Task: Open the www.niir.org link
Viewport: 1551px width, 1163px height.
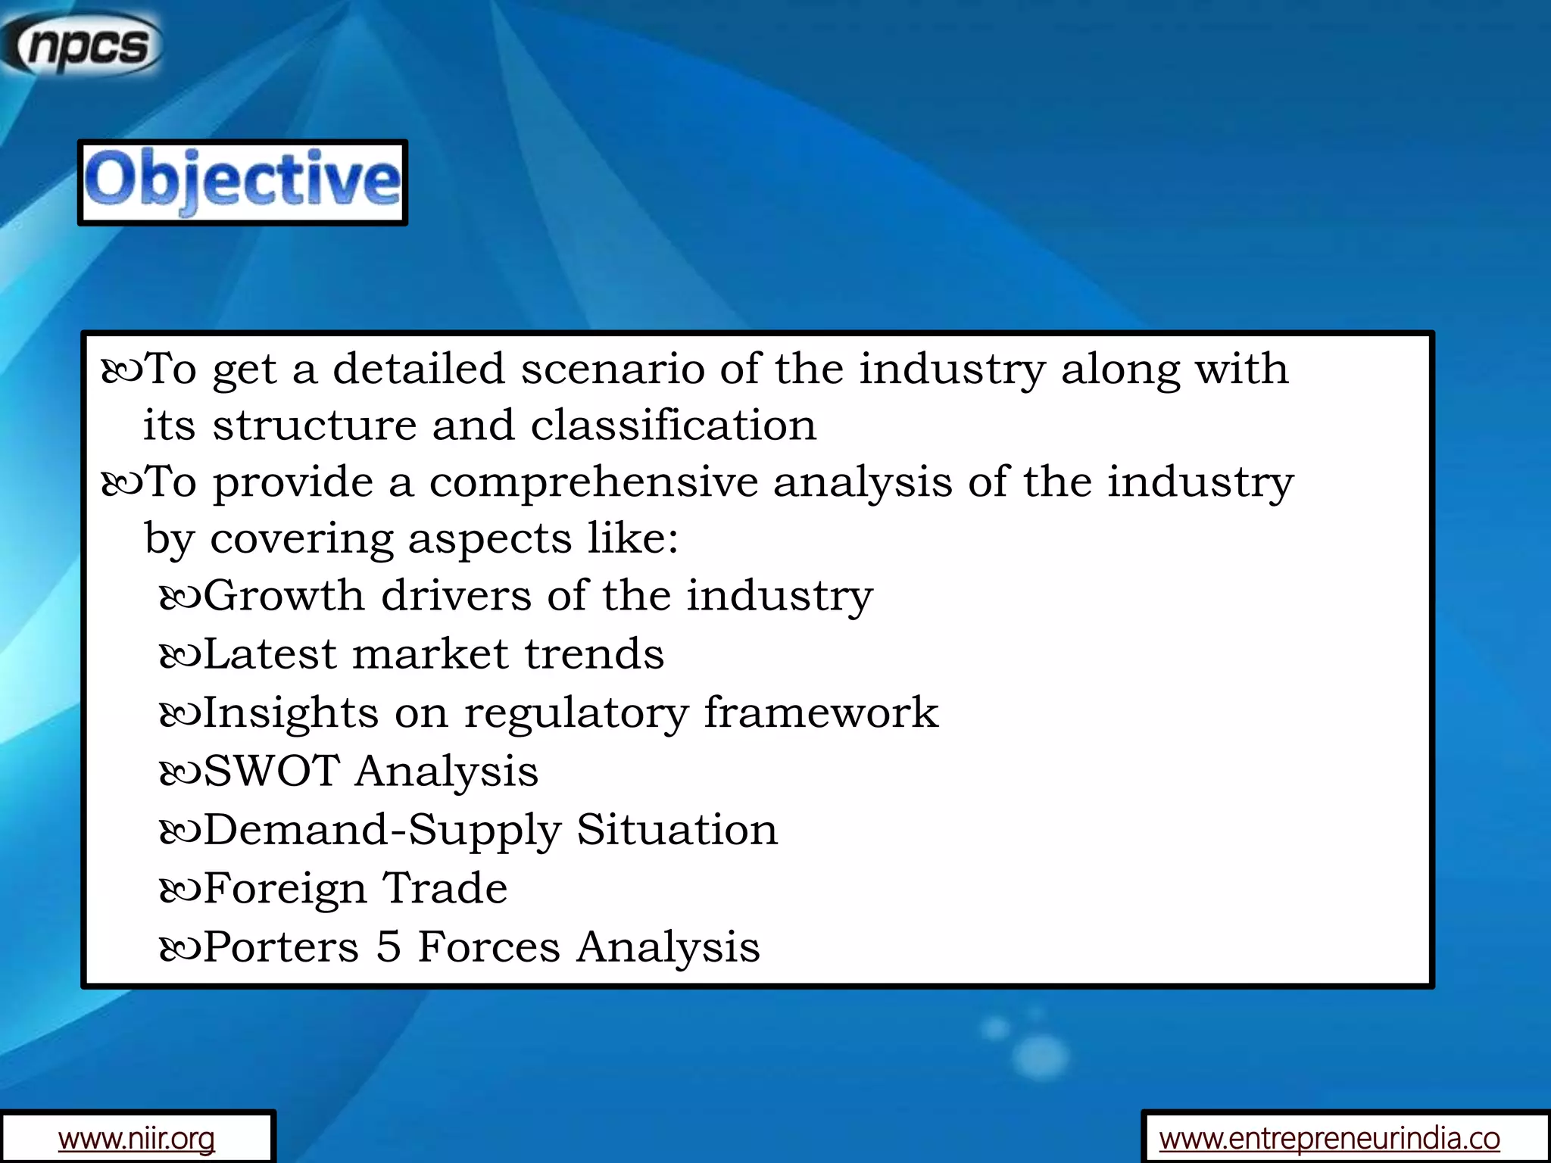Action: [x=136, y=1138]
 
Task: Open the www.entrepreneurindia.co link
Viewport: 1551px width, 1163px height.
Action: [x=1329, y=1138]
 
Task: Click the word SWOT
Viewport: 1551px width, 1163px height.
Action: [x=272, y=772]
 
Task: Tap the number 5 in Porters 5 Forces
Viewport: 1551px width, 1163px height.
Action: [x=389, y=946]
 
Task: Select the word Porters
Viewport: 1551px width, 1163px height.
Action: [x=281, y=946]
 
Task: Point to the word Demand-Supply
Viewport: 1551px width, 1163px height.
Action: [x=382, y=830]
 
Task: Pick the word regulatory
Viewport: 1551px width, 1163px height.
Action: [x=576, y=713]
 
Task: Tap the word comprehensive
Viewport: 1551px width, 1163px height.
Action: [x=594, y=482]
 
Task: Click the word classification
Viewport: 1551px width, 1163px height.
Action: [x=673, y=426]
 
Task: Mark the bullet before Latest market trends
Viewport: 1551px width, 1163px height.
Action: [x=180, y=656]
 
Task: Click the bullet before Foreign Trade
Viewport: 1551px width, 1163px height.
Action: [x=180, y=890]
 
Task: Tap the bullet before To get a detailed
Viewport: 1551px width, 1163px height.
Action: [x=121, y=371]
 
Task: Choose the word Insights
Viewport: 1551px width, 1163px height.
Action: [x=291, y=713]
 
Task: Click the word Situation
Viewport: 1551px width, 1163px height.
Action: [x=677, y=830]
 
